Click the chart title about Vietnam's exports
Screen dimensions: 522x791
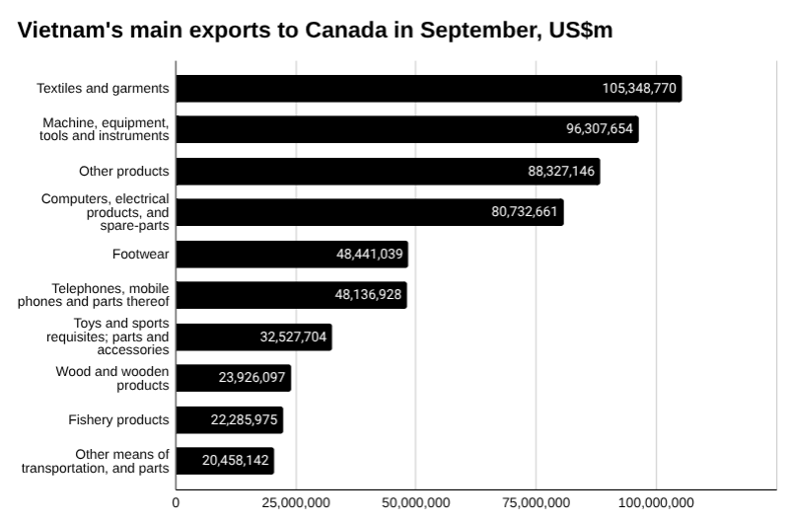[x=315, y=30]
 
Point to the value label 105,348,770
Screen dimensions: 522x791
[x=639, y=89]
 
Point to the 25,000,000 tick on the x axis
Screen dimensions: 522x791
[x=296, y=503]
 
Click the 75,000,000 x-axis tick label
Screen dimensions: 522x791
[x=536, y=503]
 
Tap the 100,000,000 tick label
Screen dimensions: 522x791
[x=656, y=503]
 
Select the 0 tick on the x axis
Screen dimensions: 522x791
[x=177, y=503]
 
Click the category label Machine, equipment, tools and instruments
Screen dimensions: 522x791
[x=107, y=129]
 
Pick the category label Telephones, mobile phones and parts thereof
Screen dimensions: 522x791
[x=94, y=295]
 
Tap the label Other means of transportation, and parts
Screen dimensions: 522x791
[x=96, y=461]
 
